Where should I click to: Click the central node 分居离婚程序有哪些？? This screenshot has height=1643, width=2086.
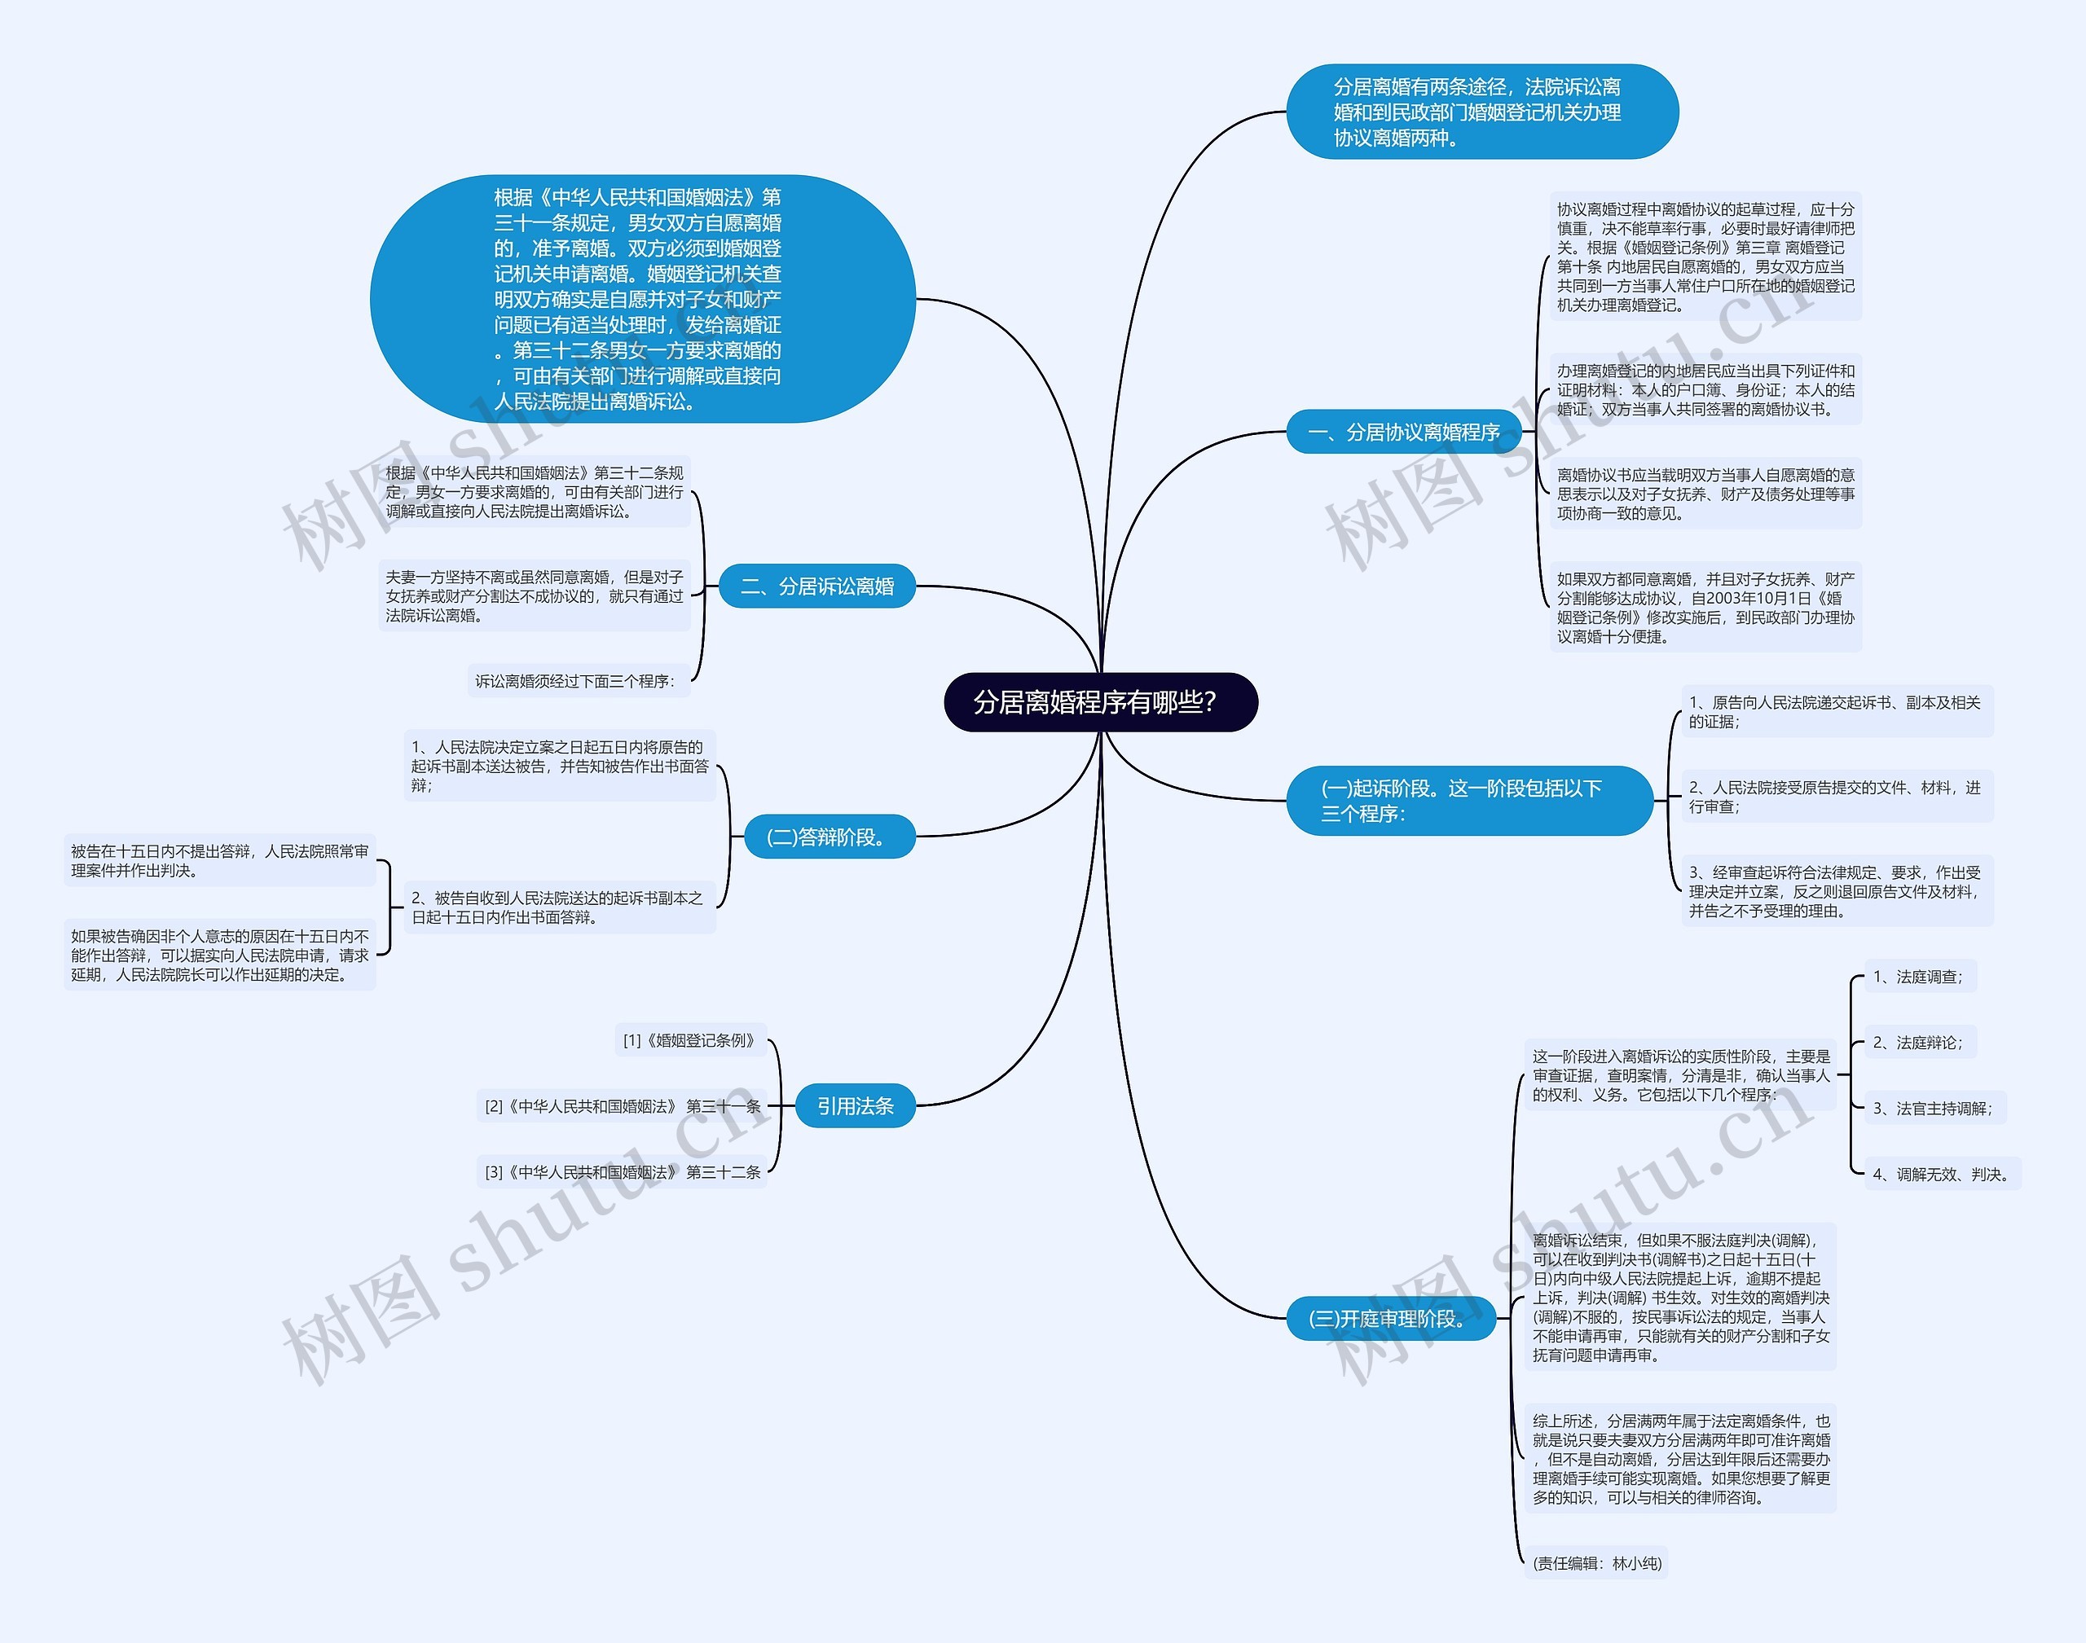[1100, 702]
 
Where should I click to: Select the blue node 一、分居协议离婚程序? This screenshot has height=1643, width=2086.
[1404, 432]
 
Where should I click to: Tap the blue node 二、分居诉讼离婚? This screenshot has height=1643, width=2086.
[817, 586]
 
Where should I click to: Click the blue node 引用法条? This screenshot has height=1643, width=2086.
[855, 1106]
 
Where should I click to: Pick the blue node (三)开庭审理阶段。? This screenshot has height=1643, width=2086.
[1390, 1318]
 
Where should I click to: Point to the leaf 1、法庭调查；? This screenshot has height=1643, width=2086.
[1917, 977]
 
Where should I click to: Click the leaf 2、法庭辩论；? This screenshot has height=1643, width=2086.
[1917, 1042]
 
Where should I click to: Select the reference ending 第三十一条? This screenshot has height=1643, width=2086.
[623, 1106]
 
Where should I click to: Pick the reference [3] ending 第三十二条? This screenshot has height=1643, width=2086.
[623, 1171]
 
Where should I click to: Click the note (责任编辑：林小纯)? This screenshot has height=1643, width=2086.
[1596, 1563]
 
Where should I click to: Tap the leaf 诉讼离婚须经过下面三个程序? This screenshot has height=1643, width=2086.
[575, 681]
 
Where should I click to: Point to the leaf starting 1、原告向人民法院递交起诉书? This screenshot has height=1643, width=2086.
[1836, 712]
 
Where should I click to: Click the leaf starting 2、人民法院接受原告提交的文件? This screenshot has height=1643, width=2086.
[1836, 797]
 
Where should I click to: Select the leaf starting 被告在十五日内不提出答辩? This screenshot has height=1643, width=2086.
[219, 860]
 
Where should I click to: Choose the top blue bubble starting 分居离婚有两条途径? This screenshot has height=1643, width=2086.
[1481, 112]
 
